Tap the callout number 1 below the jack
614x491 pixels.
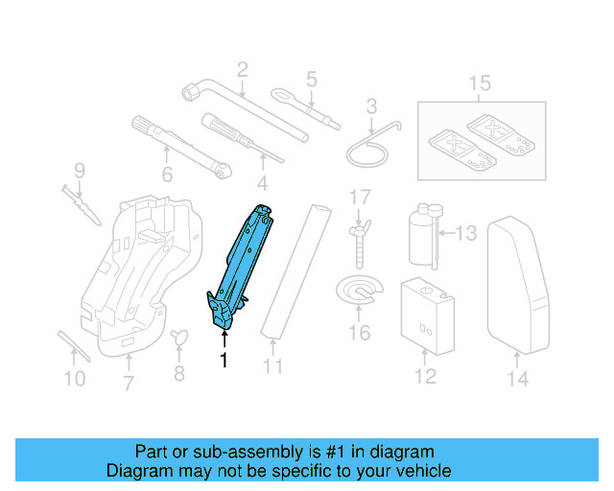pyautogui.click(x=224, y=361)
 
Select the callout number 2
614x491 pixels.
pyautogui.click(x=242, y=69)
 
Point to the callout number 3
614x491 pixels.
pyautogui.click(x=371, y=106)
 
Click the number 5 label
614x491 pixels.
pyautogui.click(x=311, y=79)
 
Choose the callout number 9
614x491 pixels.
pyautogui.click(x=80, y=171)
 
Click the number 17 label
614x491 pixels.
pyautogui.click(x=359, y=199)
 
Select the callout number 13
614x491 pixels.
pyautogui.click(x=464, y=232)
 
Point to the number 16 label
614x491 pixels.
pyautogui.click(x=358, y=333)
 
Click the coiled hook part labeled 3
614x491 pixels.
pyautogui.click(x=369, y=142)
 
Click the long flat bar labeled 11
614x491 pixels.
pyautogui.click(x=292, y=272)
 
